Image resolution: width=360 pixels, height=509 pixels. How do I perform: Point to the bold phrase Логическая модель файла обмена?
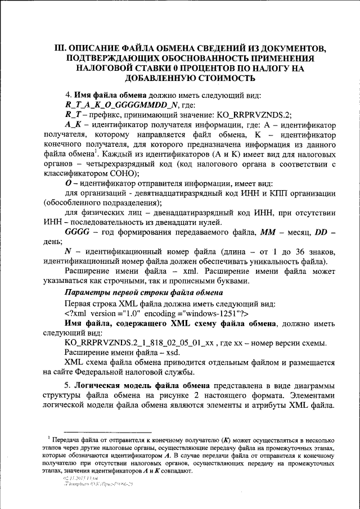[141, 386]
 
